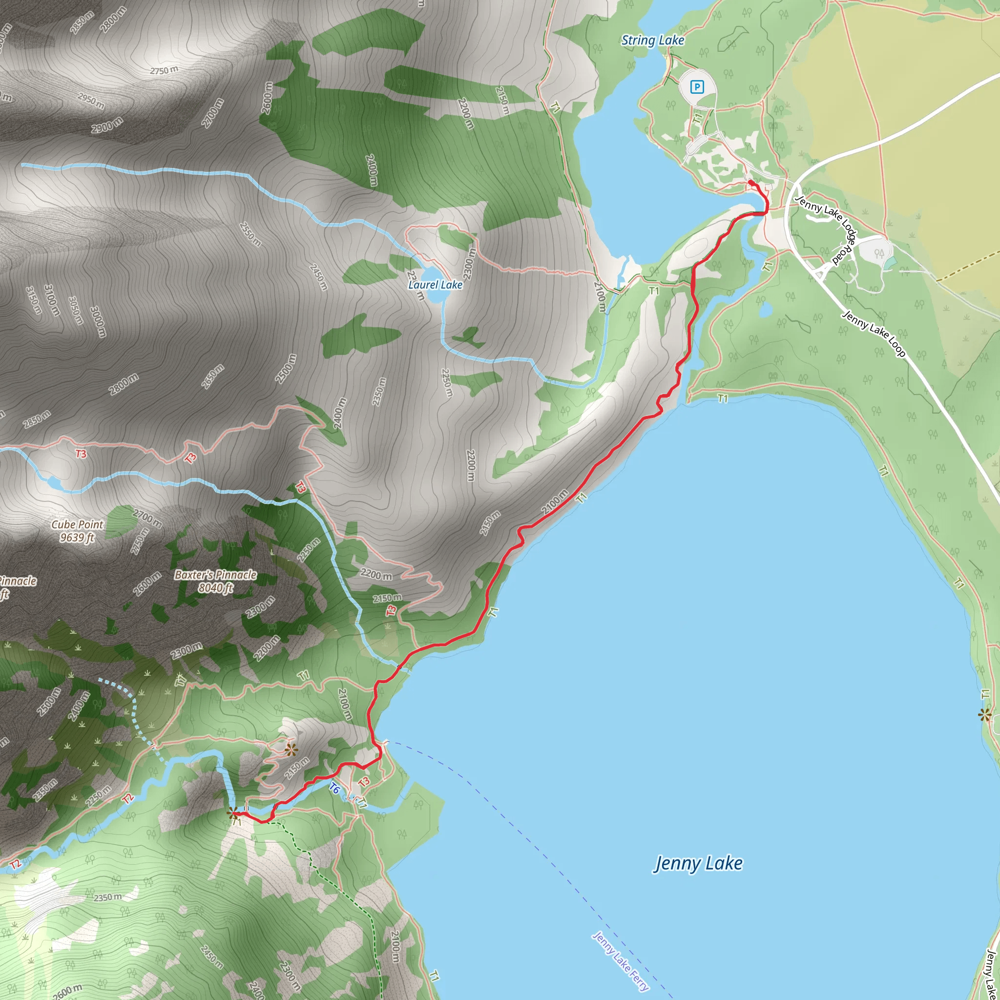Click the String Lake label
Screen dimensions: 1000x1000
pyautogui.click(x=652, y=41)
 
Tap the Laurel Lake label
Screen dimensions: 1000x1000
pyautogui.click(x=435, y=285)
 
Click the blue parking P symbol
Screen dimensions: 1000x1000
pyautogui.click(x=697, y=87)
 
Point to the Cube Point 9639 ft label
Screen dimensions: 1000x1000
pyautogui.click(x=77, y=531)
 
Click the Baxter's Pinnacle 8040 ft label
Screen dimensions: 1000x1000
pyautogui.click(x=215, y=581)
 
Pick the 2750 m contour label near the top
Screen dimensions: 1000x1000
pyautogui.click(x=164, y=70)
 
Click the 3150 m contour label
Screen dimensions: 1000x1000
pyautogui.click(x=34, y=300)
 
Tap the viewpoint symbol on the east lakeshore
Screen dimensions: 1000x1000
pyautogui.click(x=984, y=715)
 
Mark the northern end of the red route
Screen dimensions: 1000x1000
pyautogui.click(x=750, y=182)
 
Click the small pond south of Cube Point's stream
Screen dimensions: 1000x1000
pyautogui.click(x=54, y=483)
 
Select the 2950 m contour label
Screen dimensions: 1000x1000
pyautogui.click(x=91, y=101)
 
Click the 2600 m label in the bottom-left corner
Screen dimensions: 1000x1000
pyautogui.click(x=67, y=991)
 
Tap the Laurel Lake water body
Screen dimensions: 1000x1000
pyautogui.click(x=434, y=293)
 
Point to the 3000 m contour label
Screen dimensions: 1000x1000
pyautogui.click(x=98, y=321)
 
